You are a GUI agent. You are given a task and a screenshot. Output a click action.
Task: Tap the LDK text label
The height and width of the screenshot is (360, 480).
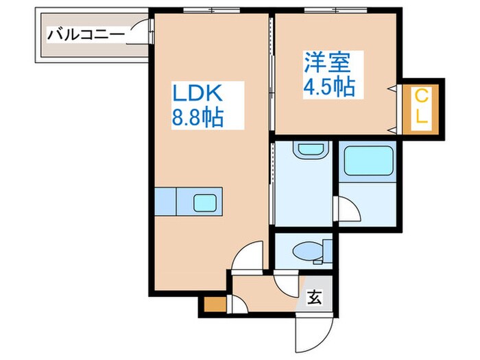click(199, 93)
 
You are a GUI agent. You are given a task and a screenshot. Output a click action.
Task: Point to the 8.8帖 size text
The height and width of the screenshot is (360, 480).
click(197, 118)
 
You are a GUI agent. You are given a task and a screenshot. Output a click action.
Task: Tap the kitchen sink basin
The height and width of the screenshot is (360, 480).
click(204, 202)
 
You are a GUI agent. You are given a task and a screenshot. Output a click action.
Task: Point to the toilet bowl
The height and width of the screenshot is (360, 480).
click(305, 252)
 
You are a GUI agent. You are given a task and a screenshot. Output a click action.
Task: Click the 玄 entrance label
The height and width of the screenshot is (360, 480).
click(315, 298)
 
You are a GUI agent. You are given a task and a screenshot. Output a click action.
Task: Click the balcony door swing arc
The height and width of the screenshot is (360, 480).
click(141, 31)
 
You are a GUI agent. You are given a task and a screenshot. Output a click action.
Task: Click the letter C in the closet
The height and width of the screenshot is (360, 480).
click(422, 95)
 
